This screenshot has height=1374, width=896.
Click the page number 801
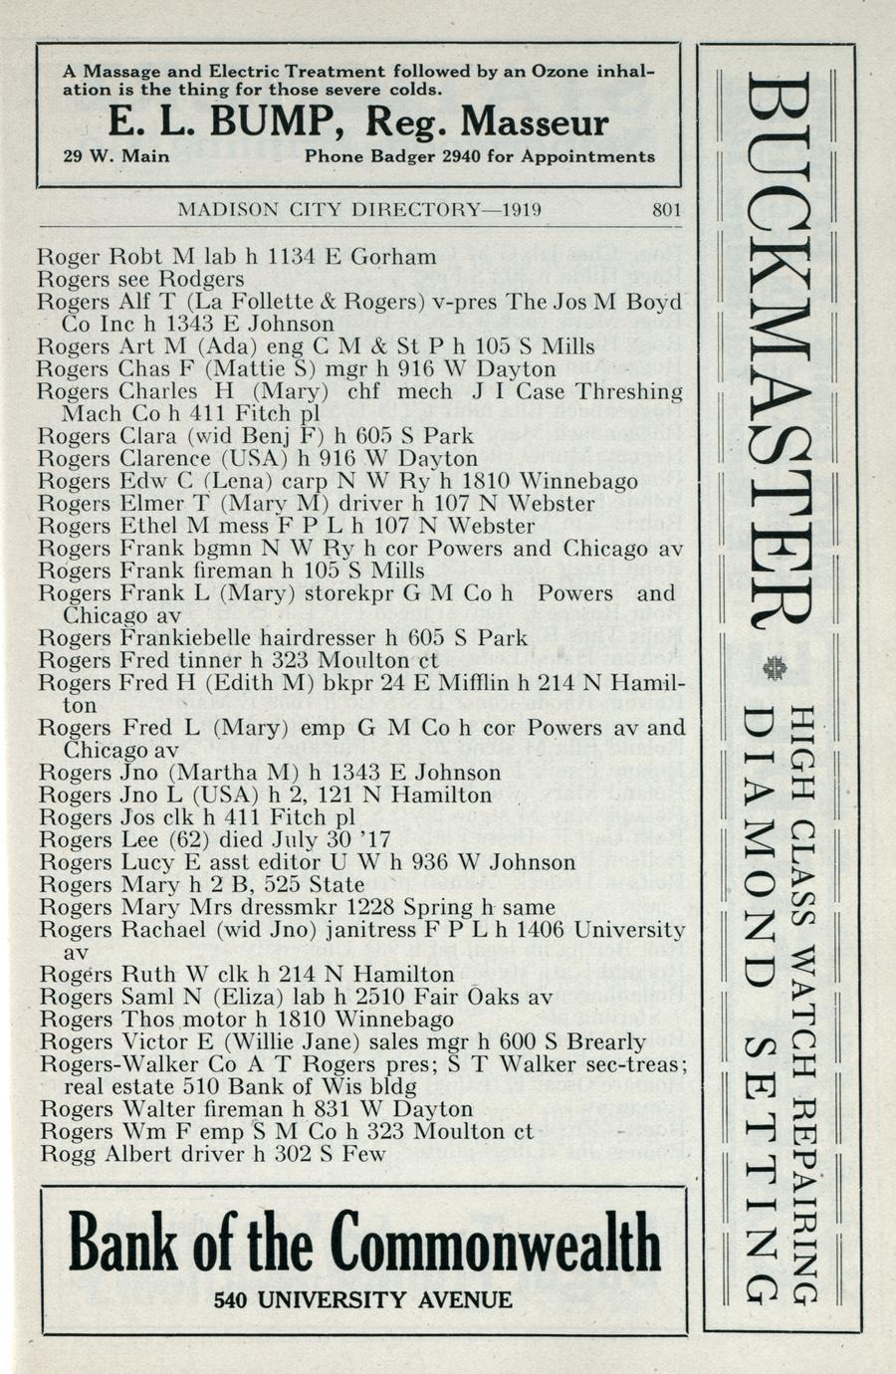(666, 210)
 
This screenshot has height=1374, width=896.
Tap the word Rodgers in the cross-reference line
(202, 279)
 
